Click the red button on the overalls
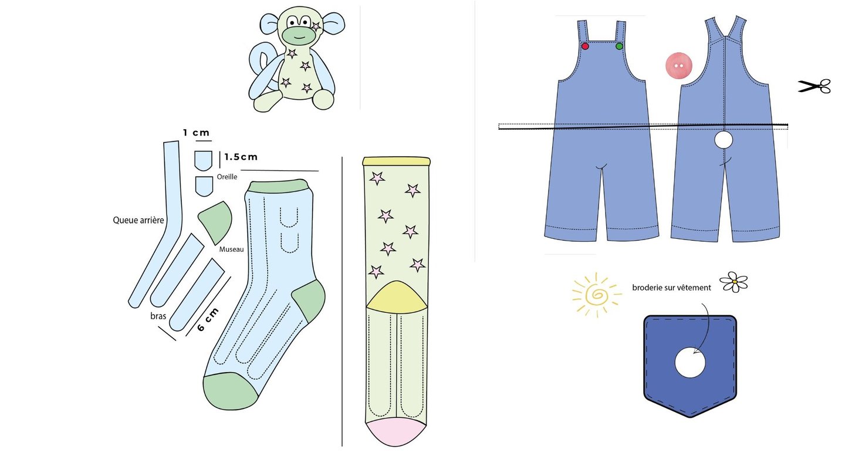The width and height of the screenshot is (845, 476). [x=585, y=46]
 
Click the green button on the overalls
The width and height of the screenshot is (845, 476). [x=619, y=46]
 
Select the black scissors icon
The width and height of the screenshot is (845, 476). [x=814, y=86]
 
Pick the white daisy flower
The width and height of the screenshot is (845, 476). [x=734, y=282]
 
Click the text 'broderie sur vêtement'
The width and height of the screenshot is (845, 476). [x=671, y=288]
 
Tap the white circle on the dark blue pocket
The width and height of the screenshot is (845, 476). [x=690, y=363]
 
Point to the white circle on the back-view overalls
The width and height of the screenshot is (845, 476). [x=724, y=140]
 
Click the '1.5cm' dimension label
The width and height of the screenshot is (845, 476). [x=241, y=157]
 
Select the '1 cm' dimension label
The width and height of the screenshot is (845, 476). [x=196, y=133]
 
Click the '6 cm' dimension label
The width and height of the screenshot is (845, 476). [x=208, y=319]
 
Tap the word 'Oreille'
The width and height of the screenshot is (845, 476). [x=227, y=177]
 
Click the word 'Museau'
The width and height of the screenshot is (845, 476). [x=231, y=249]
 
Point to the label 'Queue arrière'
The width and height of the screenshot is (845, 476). [x=138, y=221]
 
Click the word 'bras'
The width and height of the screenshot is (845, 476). [x=158, y=316]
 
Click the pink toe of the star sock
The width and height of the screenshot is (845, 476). [x=396, y=432]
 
